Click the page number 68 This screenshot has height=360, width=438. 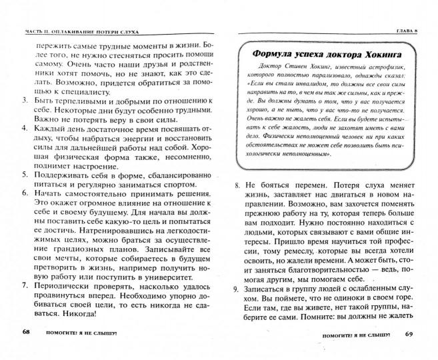pyautogui.click(x=26, y=331)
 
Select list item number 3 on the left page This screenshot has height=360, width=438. pyautogui.click(x=19, y=99)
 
